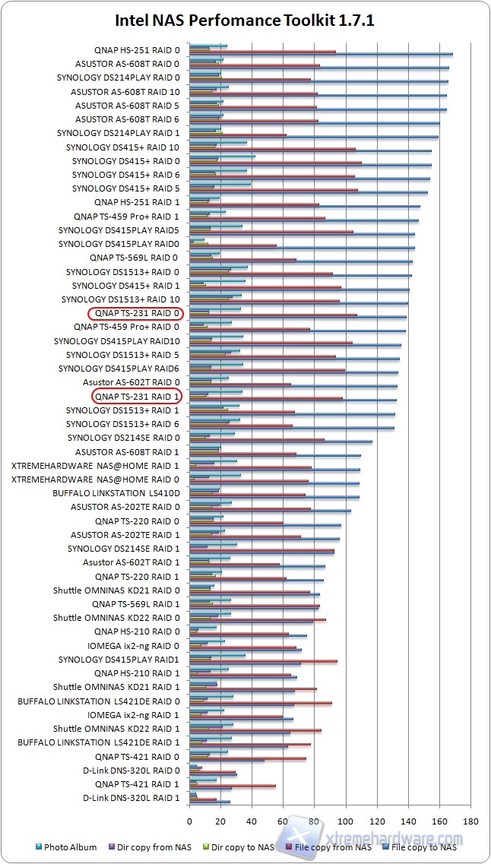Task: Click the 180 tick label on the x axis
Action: click(x=470, y=821)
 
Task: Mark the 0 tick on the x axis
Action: click(x=189, y=821)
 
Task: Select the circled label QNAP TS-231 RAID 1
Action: click(x=138, y=397)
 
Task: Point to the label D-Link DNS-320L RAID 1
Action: click(x=131, y=798)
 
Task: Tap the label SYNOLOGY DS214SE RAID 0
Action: click(x=124, y=438)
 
